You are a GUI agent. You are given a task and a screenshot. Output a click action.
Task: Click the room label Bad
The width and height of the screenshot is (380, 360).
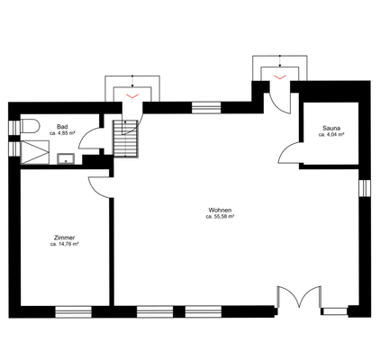(x=62, y=126)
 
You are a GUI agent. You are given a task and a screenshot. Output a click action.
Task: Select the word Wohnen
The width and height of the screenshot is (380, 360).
(x=220, y=210)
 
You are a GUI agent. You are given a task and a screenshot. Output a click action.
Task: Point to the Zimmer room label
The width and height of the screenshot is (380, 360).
(x=64, y=238)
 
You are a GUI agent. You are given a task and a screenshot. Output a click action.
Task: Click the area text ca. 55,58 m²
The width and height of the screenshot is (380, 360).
(x=220, y=216)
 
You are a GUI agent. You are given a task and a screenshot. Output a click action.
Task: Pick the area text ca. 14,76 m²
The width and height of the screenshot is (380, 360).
(x=64, y=244)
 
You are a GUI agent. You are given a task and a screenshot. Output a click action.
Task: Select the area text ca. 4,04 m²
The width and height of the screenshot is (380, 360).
(x=331, y=135)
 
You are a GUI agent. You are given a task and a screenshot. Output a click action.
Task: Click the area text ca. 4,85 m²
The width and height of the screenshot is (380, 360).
(x=62, y=133)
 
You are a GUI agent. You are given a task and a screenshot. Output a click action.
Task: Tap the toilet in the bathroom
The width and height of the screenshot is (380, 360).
(x=30, y=126)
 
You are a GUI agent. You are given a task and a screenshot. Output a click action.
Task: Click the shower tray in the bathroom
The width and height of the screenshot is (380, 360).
(x=34, y=152)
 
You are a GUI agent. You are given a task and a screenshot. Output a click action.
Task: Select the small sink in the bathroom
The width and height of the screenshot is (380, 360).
(x=66, y=158)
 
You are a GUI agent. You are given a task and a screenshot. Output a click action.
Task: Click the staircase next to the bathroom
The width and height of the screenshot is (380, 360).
(x=125, y=139)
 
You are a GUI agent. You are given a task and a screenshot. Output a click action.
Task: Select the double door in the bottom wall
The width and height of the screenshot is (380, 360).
(x=299, y=297)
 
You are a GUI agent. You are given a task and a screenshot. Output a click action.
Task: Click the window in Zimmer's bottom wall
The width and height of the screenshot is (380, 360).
(x=74, y=312)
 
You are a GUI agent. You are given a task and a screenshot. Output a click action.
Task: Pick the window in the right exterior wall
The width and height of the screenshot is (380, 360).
(x=365, y=188)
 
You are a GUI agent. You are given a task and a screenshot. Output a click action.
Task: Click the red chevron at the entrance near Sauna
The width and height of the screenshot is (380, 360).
(x=280, y=77)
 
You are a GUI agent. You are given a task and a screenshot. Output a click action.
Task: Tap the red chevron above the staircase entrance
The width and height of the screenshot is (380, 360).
(x=132, y=96)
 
